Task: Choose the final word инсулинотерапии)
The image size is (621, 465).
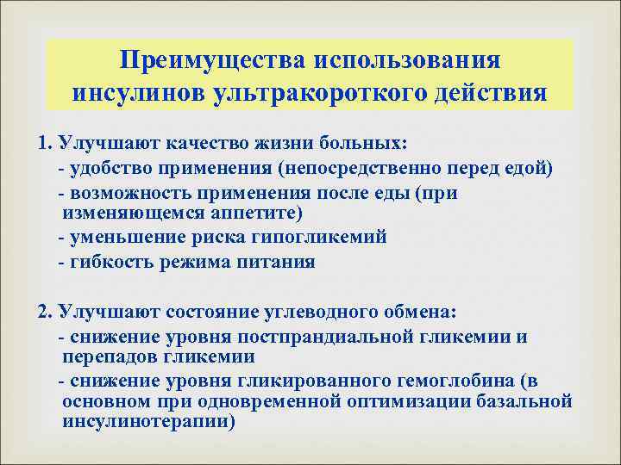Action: coord(148,422)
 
